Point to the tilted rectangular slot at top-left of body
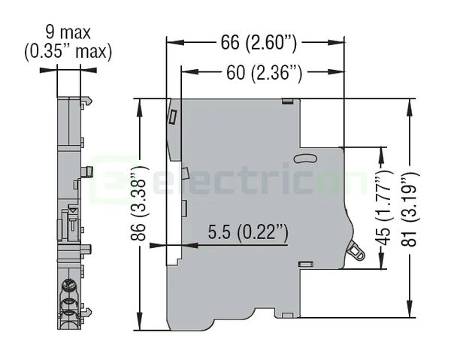tap(173, 117)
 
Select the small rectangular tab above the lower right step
tap(304, 263)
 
